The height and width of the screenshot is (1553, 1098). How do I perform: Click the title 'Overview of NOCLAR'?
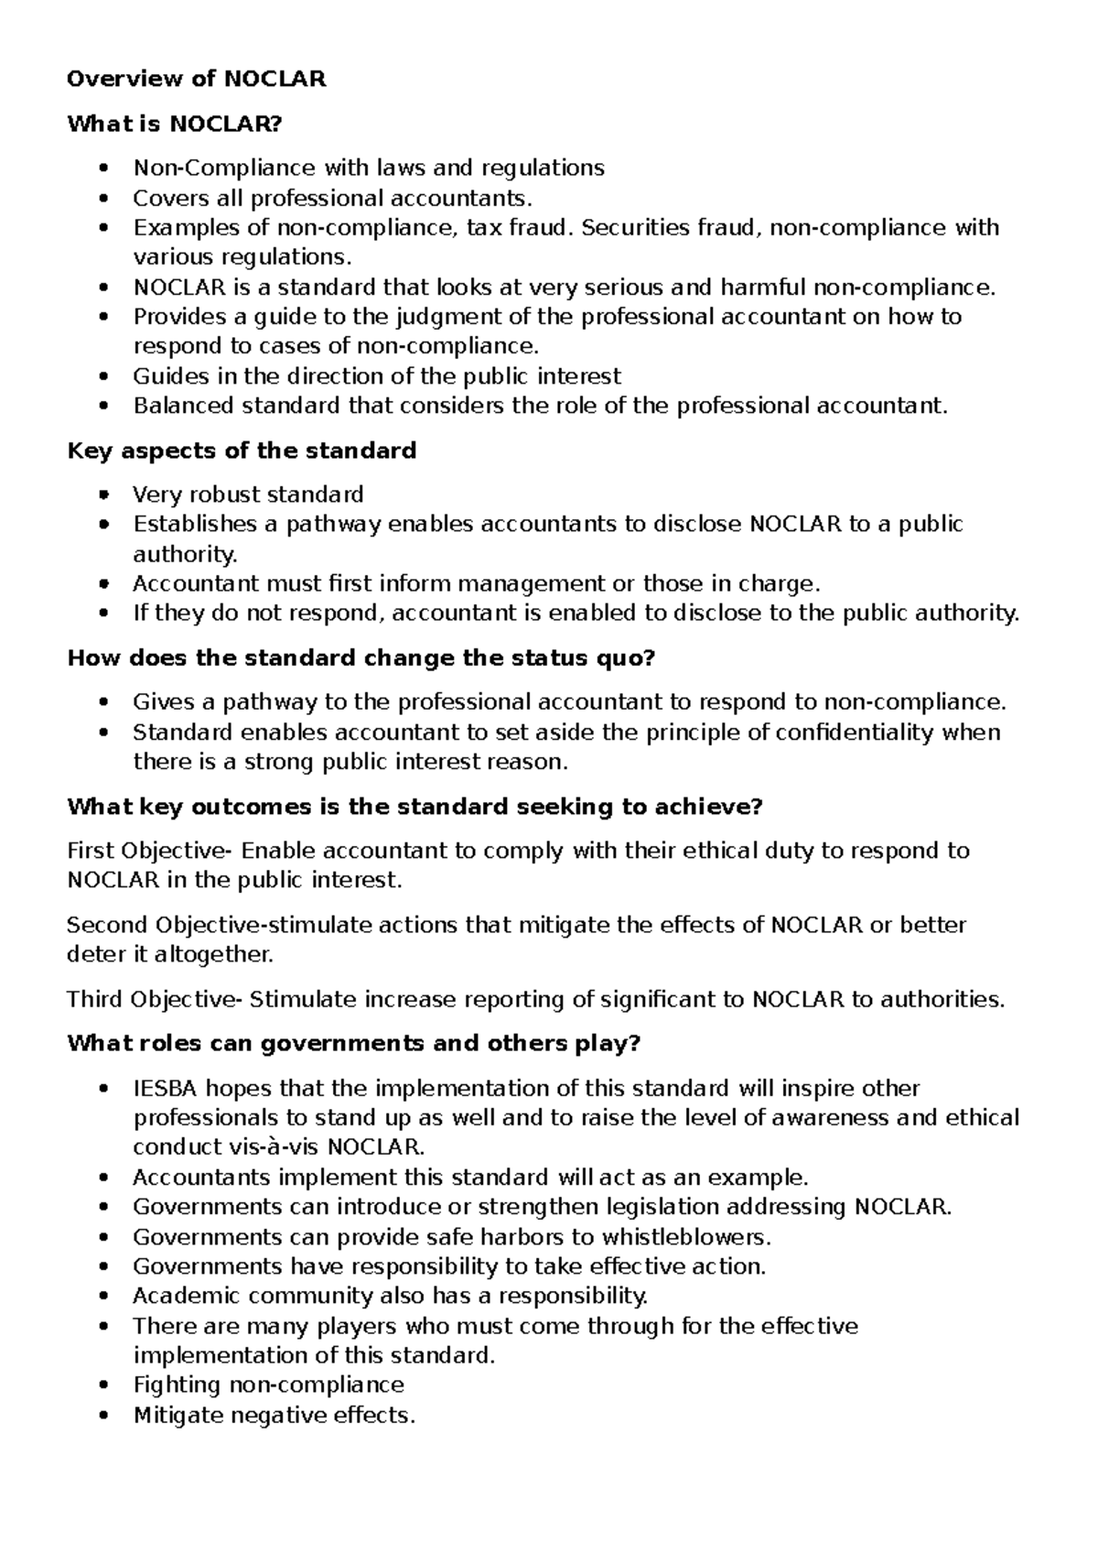click(x=196, y=79)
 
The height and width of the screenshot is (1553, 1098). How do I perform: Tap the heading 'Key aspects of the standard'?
click(x=242, y=451)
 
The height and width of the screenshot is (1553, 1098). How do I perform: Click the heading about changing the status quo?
click(x=362, y=658)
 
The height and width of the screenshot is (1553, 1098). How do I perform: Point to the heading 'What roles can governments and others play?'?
click(x=354, y=1044)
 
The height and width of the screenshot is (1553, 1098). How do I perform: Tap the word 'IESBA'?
click(x=165, y=1088)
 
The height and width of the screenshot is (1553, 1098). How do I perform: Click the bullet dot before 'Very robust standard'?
click(x=107, y=494)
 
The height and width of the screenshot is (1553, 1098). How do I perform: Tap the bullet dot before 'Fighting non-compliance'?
click(x=107, y=1385)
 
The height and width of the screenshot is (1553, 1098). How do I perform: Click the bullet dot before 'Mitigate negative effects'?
click(x=107, y=1415)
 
